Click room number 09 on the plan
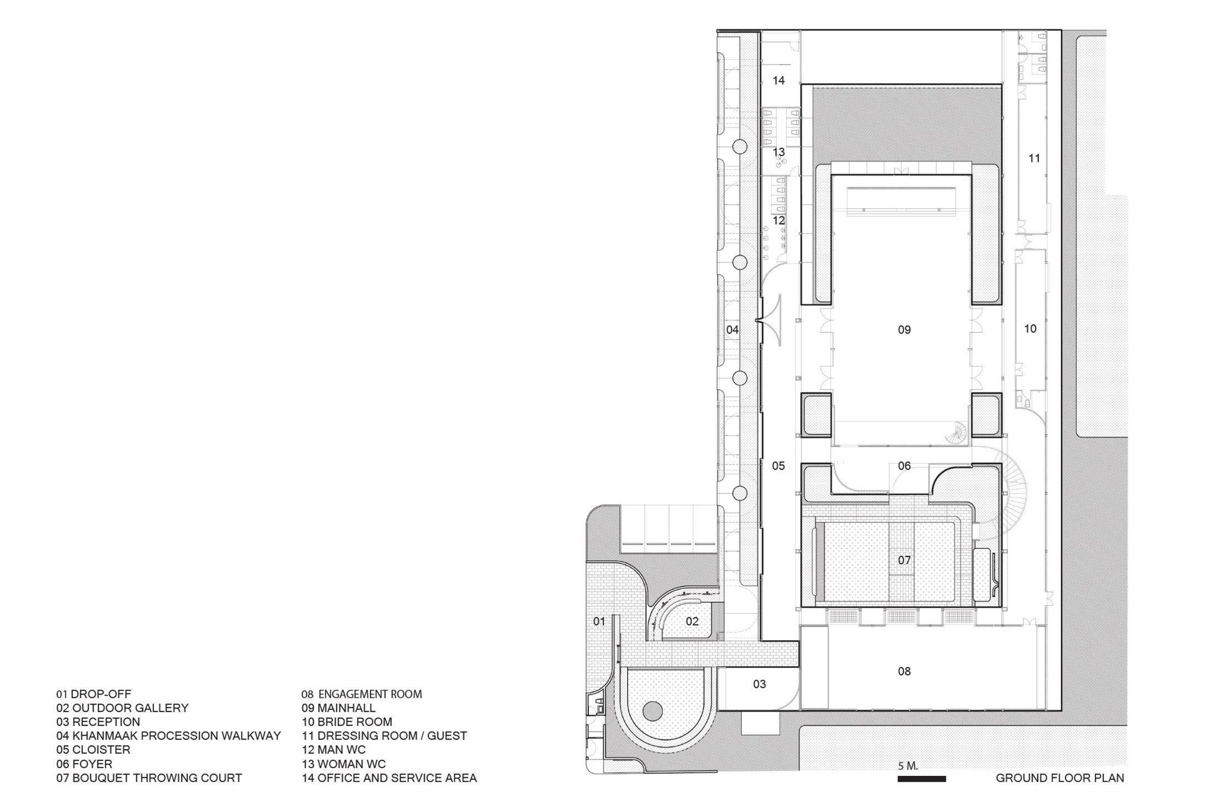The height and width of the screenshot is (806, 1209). point(904,330)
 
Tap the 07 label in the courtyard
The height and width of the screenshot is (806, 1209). point(904,560)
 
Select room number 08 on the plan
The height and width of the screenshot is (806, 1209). point(904,671)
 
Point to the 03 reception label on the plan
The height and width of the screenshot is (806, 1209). point(759,684)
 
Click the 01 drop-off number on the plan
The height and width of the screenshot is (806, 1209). point(599,621)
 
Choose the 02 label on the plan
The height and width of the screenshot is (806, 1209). point(692,621)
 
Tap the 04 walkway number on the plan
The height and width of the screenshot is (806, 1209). point(732,330)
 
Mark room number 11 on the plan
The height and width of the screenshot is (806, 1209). point(1034,158)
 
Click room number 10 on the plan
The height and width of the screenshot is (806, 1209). point(1030,329)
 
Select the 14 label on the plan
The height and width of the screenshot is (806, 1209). point(779,80)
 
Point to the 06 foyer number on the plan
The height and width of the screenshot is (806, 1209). point(904,466)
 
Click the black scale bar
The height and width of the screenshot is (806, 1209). point(922,779)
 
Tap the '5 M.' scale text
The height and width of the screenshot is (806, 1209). point(908,766)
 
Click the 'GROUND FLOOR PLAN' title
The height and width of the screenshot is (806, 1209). point(1060,778)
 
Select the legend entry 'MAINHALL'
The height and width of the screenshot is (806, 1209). point(347,708)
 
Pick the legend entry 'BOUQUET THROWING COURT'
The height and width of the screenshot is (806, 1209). point(157,778)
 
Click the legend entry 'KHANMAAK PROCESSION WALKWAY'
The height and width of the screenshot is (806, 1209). point(177,736)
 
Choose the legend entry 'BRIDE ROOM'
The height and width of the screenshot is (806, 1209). point(355,721)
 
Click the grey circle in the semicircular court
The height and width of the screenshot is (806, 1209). point(653,712)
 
